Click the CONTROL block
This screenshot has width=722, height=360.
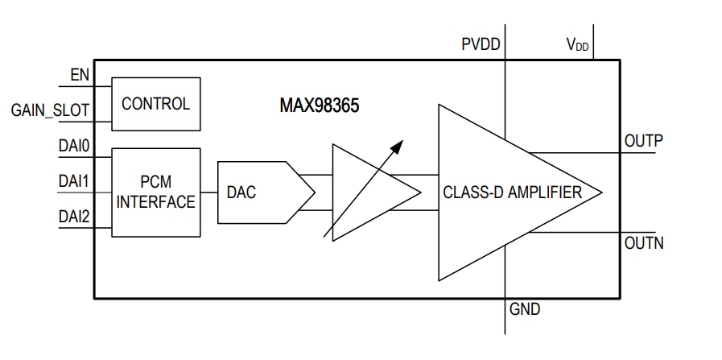155,104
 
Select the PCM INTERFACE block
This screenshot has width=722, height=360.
155,192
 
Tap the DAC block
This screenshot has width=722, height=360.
256,192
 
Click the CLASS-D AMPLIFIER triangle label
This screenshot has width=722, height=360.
513,192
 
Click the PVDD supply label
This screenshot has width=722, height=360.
480,45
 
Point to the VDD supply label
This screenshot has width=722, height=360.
577,45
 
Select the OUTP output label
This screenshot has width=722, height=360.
643,141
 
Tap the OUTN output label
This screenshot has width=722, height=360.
643,242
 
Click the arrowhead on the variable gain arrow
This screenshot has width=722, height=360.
398,144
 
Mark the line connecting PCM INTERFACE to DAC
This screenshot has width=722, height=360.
208,192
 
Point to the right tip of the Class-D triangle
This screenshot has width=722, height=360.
600,192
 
